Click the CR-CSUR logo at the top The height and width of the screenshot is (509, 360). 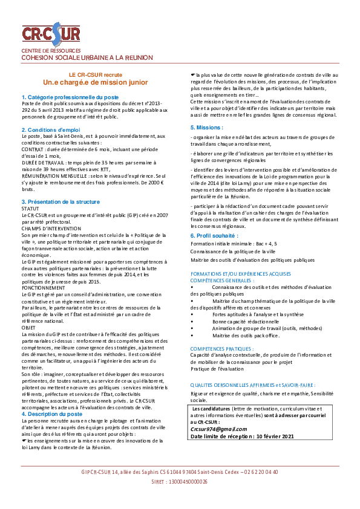point(51,34)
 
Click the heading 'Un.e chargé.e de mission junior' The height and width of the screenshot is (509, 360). point(96,82)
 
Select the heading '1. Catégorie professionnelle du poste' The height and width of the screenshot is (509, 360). point(70,97)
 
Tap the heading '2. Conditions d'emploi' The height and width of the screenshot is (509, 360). point(51,130)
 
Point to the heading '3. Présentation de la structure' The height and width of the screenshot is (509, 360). point(61,201)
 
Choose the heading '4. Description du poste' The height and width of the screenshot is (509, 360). point(52,414)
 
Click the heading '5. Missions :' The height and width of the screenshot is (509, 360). point(207,127)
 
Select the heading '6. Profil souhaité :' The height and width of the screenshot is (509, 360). point(214,236)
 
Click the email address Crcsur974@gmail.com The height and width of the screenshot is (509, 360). point(218,429)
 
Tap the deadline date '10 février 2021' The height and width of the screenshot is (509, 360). point(275,436)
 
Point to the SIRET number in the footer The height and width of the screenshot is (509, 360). point(179,482)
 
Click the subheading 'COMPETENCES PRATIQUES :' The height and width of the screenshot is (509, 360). point(222,349)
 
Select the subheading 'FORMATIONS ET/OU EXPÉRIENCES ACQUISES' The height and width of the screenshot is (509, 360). point(241,274)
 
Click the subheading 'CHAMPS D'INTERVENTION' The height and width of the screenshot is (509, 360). point(51,229)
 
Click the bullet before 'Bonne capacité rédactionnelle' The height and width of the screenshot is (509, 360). point(192,322)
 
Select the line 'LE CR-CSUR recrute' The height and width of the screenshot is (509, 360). point(96,75)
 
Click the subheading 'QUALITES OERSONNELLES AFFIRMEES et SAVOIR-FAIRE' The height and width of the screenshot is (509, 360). point(253,385)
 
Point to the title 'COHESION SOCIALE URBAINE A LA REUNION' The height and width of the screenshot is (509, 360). point(87,58)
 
